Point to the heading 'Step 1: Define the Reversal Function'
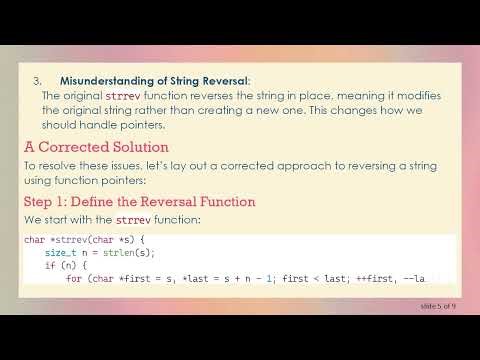pos(139,202)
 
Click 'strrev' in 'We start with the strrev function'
pos(134,219)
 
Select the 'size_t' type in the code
pos(59,254)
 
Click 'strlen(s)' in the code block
pos(118,254)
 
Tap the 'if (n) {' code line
pos(63,266)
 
